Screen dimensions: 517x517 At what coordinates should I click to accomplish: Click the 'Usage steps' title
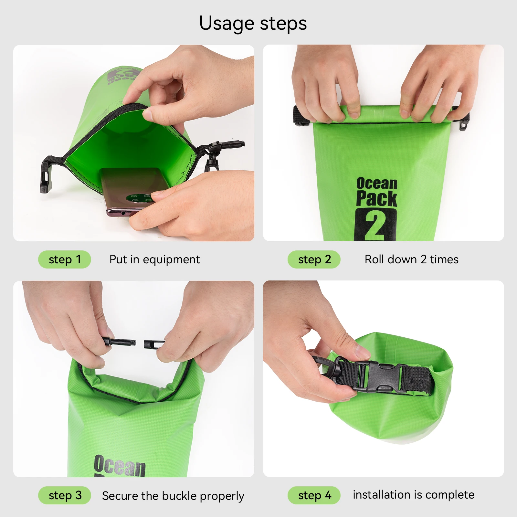pyautogui.click(x=253, y=24)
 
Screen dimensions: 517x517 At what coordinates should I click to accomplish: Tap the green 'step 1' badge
pyautogui.click(x=65, y=259)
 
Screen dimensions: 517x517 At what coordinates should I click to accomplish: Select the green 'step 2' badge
pyautogui.click(x=314, y=259)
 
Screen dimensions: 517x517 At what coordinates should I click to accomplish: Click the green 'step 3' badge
pyautogui.click(x=65, y=495)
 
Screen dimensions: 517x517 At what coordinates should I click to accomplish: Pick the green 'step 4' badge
pyautogui.click(x=314, y=495)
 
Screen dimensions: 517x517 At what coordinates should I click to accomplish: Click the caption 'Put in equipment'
pyautogui.click(x=154, y=259)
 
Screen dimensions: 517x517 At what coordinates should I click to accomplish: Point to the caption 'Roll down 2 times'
pyautogui.click(x=411, y=259)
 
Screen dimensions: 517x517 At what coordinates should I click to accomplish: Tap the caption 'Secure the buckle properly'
pyautogui.click(x=173, y=496)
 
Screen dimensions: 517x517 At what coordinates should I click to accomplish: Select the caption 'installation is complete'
pyautogui.click(x=413, y=495)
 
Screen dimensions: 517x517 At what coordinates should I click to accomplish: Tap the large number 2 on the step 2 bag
pyautogui.click(x=375, y=225)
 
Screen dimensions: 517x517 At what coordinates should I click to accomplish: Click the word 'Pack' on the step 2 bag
pyautogui.click(x=376, y=198)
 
